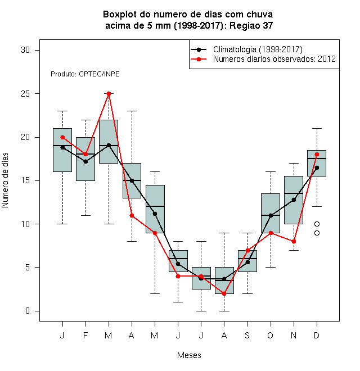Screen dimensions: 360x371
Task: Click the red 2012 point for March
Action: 109,94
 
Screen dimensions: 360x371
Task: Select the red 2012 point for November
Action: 294,242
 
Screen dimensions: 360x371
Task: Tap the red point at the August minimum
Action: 224,293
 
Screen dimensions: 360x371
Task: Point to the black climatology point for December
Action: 317,168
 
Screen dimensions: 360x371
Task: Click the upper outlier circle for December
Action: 317,224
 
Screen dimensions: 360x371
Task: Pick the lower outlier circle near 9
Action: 317,233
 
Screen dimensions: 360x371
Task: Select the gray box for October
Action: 271,213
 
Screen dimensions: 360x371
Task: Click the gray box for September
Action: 247,261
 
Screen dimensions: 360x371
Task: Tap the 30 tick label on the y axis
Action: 25,50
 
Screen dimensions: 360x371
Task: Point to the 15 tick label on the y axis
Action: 25,180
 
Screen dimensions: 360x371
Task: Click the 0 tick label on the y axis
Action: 28,311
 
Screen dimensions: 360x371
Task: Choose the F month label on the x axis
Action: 85,335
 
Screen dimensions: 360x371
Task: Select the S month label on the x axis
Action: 247,335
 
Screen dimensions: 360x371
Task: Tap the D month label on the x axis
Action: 317,335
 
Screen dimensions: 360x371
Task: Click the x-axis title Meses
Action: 189,355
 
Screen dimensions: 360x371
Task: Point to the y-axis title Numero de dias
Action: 5,180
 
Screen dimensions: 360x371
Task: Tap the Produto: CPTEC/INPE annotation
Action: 85,74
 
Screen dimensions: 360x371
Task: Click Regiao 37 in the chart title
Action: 251,25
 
